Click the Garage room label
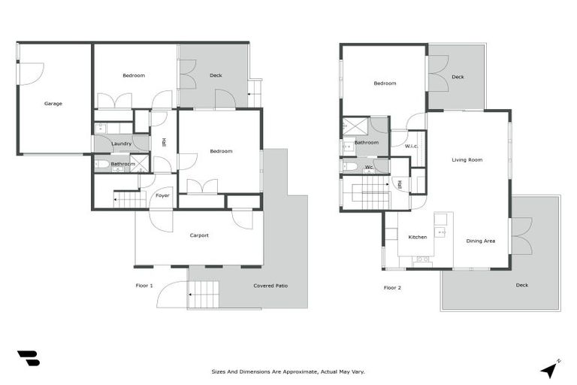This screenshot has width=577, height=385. pyautogui.click(x=53, y=103)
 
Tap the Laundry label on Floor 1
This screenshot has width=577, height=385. pyautogui.click(x=121, y=144)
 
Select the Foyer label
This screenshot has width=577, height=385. pyautogui.click(x=162, y=196)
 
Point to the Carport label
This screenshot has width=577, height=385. pyautogui.click(x=198, y=235)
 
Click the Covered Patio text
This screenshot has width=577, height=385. pyautogui.click(x=270, y=286)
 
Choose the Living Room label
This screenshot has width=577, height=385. pyautogui.click(x=467, y=160)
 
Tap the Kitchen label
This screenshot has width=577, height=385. pyautogui.click(x=417, y=237)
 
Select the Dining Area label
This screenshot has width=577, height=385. pyautogui.click(x=480, y=241)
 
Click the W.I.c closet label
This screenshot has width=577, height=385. pyautogui.click(x=411, y=146)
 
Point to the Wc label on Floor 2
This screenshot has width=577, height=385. pyautogui.click(x=369, y=167)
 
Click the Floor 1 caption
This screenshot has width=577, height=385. pyautogui.click(x=144, y=286)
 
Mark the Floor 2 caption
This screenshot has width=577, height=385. pyautogui.click(x=392, y=287)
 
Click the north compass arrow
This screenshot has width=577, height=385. pyautogui.click(x=549, y=368)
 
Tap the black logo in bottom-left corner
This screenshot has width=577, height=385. pyautogui.click(x=28, y=359)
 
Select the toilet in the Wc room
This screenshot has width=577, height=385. pyautogui.click(x=349, y=166)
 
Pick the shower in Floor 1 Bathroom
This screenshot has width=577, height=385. pyautogui.click(x=139, y=164)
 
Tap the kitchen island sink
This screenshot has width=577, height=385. pyautogui.click(x=441, y=232)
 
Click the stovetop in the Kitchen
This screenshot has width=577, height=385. pyautogui.click(x=422, y=259)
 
